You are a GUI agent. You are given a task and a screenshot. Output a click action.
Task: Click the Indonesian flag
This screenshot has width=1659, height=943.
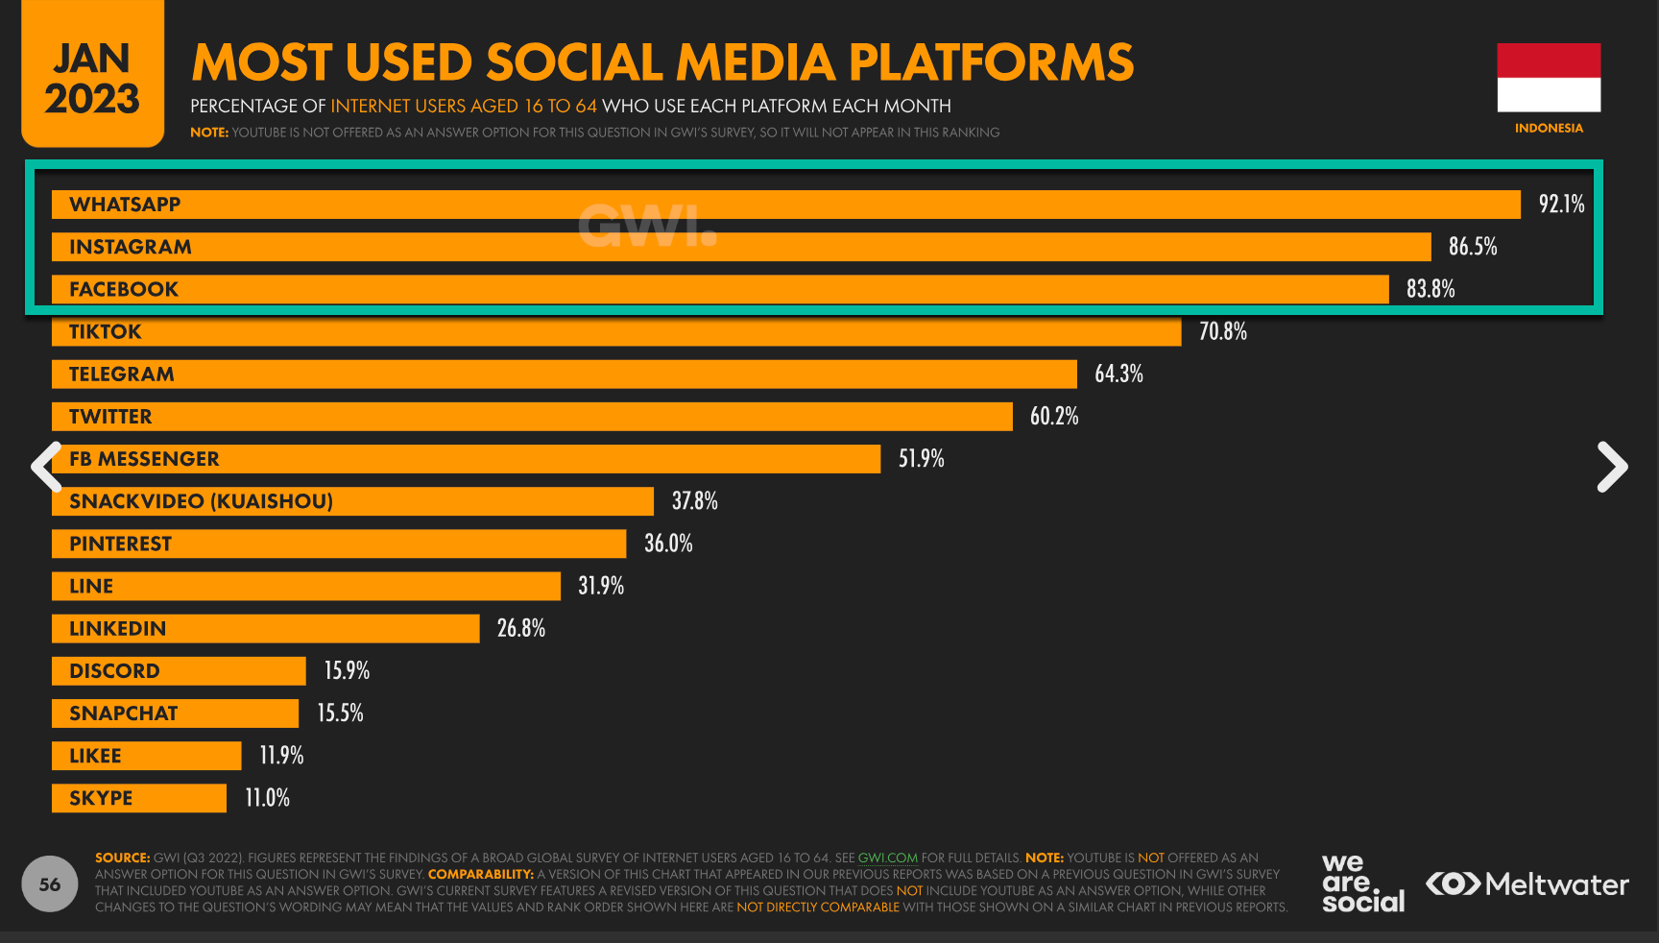[x=1549, y=78]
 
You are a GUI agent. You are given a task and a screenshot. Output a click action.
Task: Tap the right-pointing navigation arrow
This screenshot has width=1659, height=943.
[x=1612, y=467]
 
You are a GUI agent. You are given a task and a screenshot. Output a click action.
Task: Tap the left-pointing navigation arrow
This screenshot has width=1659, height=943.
[x=46, y=467]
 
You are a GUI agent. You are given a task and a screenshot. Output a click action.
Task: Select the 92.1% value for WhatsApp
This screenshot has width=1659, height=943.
[x=1561, y=204]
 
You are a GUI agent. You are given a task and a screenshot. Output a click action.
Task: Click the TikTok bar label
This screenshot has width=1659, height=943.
[x=106, y=332]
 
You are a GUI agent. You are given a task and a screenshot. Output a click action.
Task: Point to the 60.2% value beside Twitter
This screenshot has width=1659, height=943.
[x=1054, y=416]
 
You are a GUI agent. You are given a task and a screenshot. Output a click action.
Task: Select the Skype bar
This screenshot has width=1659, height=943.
[x=139, y=798]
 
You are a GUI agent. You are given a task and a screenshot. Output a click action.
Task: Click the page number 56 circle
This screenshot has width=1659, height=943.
[x=50, y=883]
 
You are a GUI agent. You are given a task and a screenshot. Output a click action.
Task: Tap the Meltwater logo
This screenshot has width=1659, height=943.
[x=1527, y=883]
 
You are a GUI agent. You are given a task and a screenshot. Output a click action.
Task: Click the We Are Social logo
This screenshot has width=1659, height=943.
[x=1362, y=883]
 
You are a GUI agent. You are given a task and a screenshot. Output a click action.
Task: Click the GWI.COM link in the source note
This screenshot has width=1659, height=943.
[x=887, y=858]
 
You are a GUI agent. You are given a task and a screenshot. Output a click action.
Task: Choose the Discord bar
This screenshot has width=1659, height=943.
[x=179, y=671]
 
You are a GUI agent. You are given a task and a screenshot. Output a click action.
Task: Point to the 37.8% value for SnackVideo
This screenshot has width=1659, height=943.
[x=694, y=501]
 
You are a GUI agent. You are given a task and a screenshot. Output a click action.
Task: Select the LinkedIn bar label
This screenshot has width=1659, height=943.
[x=118, y=629]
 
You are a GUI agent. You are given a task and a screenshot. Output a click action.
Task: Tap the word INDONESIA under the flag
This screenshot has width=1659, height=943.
[x=1549, y=128]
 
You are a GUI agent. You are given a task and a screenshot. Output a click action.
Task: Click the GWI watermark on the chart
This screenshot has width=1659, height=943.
[x=647, y=227]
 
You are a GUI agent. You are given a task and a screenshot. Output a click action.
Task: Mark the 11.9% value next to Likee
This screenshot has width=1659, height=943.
[x=281, y=756]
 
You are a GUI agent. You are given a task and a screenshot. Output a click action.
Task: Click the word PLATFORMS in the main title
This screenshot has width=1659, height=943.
[x=991, y=62]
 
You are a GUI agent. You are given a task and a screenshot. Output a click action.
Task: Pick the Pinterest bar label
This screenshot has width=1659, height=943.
[x=121, y=544]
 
